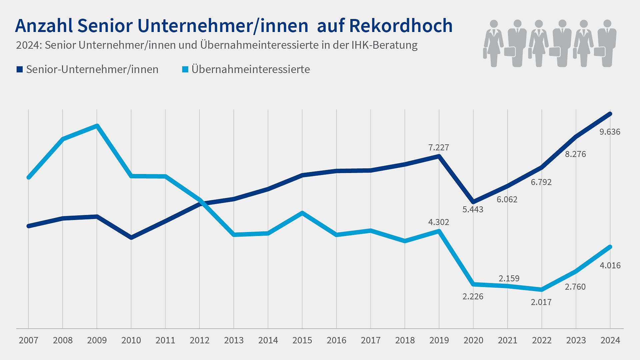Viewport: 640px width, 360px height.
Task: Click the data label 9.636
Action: pyautogui.click(x=610, y=132)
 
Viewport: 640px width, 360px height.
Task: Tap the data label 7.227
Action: pyautogui.click(x=439, y=148)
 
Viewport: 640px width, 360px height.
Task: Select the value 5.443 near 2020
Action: pyautogui.click(x=473, y=210)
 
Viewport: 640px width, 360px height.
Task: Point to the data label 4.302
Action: pyautogui.click(x=439, y=222)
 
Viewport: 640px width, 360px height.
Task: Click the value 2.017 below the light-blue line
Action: pyautogui.click(x=541, y=302)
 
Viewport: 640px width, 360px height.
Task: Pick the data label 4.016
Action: pyautogui.click(x=610, y=266)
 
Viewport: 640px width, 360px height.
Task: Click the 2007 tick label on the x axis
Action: pyautogui.click(x=28, y=340)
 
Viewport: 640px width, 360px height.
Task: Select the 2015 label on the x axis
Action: pyautogui.click(x=302, y=340)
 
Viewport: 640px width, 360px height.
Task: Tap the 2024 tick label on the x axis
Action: pyautogui.click(x=610, y=340)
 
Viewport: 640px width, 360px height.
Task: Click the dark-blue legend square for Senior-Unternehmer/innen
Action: pyautogui.click(x=19, y=69)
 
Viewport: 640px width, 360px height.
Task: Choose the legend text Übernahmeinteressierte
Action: pyautogui.click(x=251, y=69)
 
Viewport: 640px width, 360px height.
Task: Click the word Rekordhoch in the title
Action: pyautogui.click(x=401, y=26)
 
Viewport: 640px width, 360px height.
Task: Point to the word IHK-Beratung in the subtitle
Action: pyautogui.click(x=384, y=45)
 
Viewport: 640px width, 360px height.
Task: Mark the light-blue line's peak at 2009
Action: pyautogui.click(x=97, y=126)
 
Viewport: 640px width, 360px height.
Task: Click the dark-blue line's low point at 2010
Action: pyautogui.click(x=131, y=237)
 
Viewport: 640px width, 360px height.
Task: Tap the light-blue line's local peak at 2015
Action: pyautogui.click(x=302, y=213)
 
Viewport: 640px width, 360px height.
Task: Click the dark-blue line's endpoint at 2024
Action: pyautogui.click(x=610, y=114)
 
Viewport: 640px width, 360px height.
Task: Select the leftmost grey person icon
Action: pyautogui.click(x=493, y=43)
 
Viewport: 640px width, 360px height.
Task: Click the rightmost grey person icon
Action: pyautogui.click(x=607, y=43)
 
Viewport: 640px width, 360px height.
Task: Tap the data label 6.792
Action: pyautogui.click(x=541, y=182)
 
